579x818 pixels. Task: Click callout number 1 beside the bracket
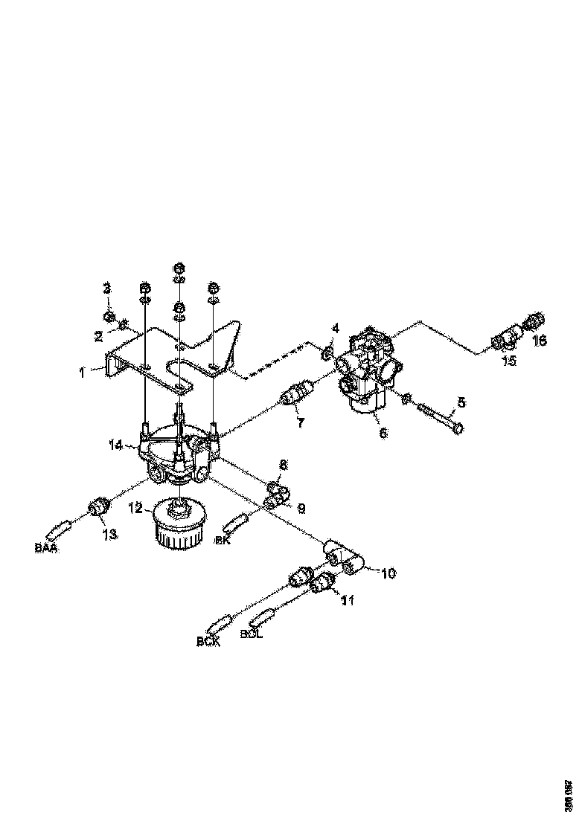(83, 370)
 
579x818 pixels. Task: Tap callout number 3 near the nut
(106, 288)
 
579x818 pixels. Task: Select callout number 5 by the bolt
(461, 403)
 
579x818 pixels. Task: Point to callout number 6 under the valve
(383, 432)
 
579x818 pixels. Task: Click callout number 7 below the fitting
(301, 424)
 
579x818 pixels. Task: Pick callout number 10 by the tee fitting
(388, 573)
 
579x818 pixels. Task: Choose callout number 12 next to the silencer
(135, 509)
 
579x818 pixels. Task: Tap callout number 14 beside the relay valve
(115, 445)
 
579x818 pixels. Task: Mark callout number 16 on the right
(540, 341)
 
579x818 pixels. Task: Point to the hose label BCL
(252, 635)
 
